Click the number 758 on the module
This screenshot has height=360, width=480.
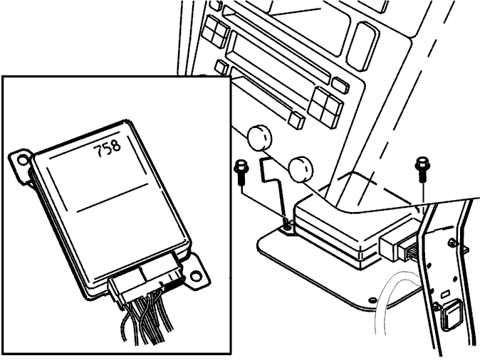coord(107,148)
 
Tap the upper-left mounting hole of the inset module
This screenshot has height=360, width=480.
coord(22,160)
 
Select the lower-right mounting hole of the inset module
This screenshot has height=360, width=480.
coord(195,277)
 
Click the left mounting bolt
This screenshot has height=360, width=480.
coord(241,172)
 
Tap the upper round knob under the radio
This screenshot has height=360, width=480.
coord(259,137)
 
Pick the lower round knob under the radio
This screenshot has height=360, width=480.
coord(301,169)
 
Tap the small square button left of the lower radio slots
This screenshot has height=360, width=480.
coord(221,67)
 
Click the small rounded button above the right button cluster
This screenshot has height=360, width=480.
coord(340,85)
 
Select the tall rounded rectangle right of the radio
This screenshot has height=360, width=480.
coord(362,46)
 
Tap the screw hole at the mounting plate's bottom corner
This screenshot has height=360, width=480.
coord(372,300)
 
